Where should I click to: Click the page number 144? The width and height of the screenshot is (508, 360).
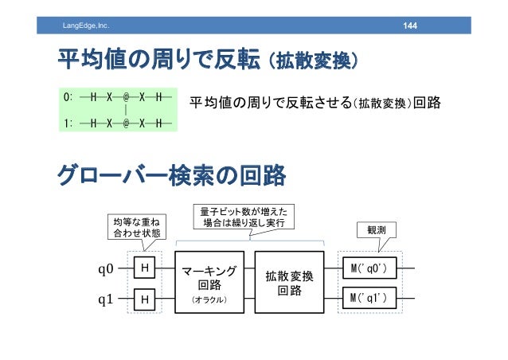[x=410, y=29]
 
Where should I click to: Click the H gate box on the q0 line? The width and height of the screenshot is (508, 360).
[x=145, y=268]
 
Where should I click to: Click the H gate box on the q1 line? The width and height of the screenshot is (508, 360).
[x=145, y=299]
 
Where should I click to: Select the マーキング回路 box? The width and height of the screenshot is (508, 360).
[x=209, y=283]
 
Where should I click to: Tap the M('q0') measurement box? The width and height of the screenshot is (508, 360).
[x=368, y=268]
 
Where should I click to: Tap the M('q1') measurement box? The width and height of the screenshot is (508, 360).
[x=368, y=299]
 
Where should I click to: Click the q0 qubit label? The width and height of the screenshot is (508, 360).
[x=105, y=268]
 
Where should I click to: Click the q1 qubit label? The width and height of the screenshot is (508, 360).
[x=105, y=299]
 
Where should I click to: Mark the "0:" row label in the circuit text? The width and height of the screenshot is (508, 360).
[x=68, y=96]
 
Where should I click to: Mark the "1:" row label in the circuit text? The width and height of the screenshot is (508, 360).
[x=68, y=123]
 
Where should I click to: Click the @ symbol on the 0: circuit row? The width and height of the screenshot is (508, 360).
[x=126, y=96]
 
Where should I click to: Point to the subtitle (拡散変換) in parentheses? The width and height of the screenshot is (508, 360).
[x=312, y=61]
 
